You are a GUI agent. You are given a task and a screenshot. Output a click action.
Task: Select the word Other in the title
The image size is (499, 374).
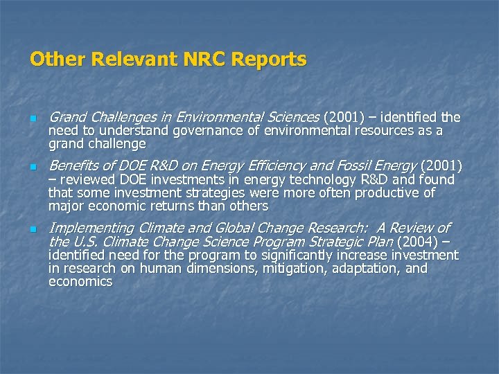[x=55, y=60]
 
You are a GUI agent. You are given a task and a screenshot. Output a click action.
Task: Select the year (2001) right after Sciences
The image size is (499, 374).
[x=343, y=117]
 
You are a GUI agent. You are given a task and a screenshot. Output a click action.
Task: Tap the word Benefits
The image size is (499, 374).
[x=74, y=166]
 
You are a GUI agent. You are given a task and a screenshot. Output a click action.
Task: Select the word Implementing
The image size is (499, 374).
[x=91, y=228]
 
